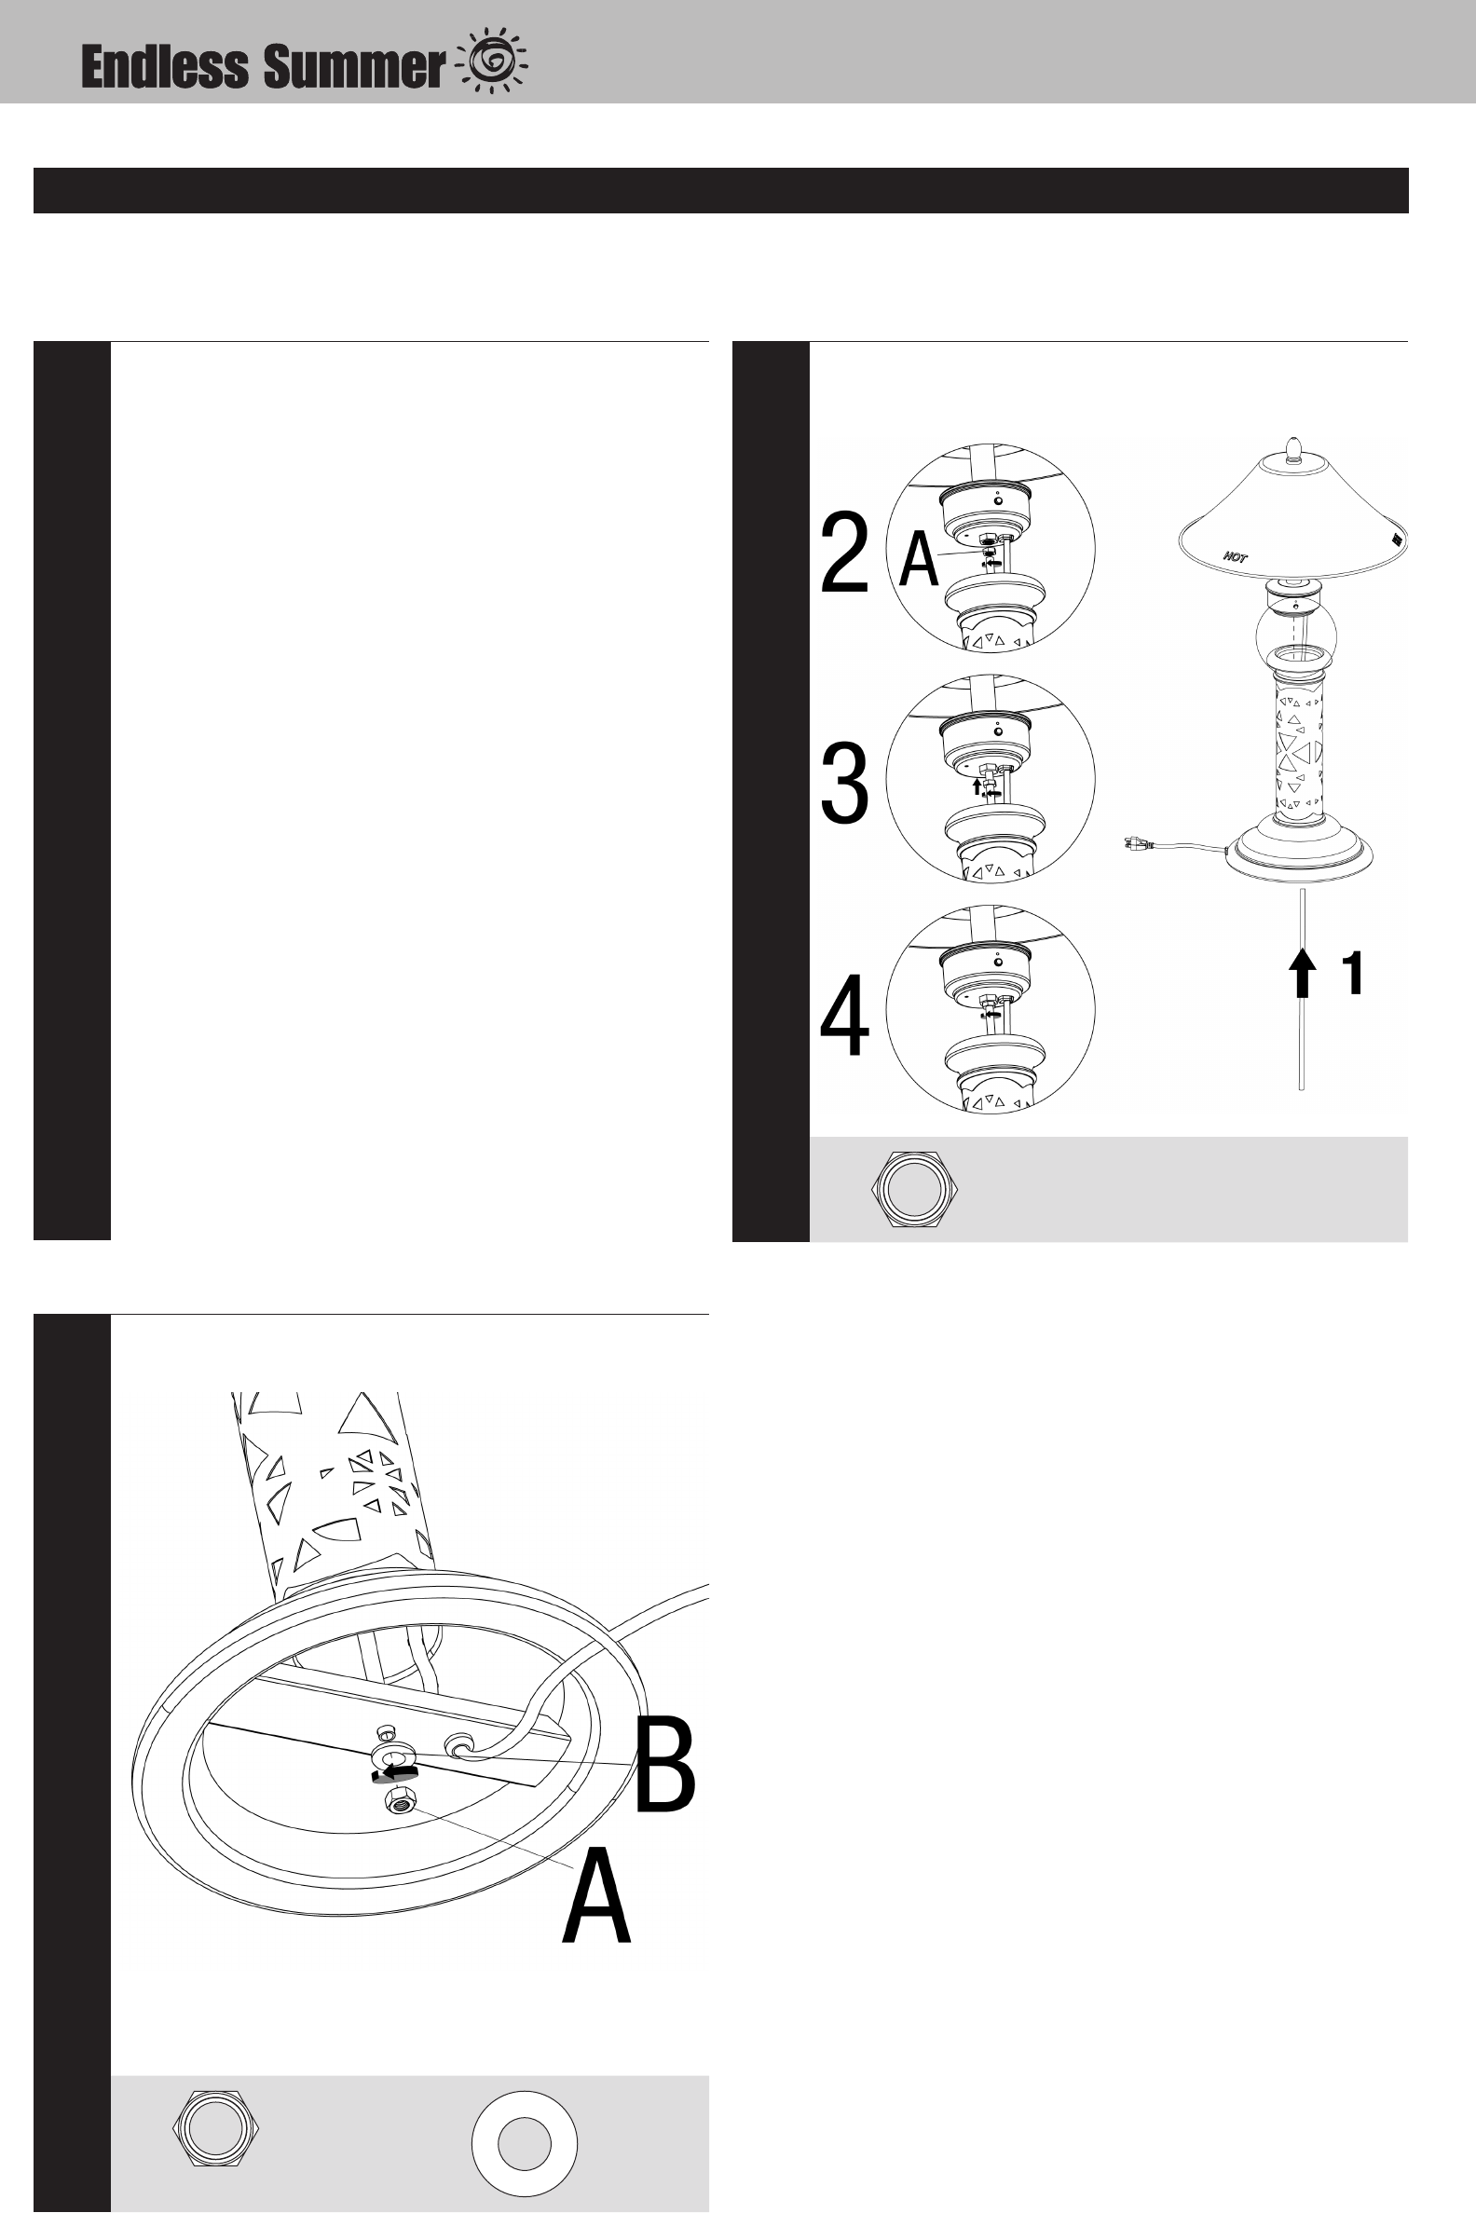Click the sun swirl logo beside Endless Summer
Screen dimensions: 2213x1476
tap(492, 61)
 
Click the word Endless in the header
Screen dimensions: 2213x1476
tap(165, 67)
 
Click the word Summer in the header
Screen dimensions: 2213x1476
tap(353, 68)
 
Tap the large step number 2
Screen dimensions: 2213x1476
tap(843, 554)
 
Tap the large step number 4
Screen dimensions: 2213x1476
tap(844, 1016)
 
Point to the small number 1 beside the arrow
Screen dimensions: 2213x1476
tap(1353, 973)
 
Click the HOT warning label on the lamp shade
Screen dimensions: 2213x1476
tap(1235, 556)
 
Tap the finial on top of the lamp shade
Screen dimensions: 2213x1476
tap(1295, 449)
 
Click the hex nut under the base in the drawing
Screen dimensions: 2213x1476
tap(400, 1802)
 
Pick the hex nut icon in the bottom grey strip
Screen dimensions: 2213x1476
tap(215, 2128)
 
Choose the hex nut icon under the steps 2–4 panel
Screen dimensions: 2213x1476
tap(914, 1189)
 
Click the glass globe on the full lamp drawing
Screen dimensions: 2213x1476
tap(1296, 634)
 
